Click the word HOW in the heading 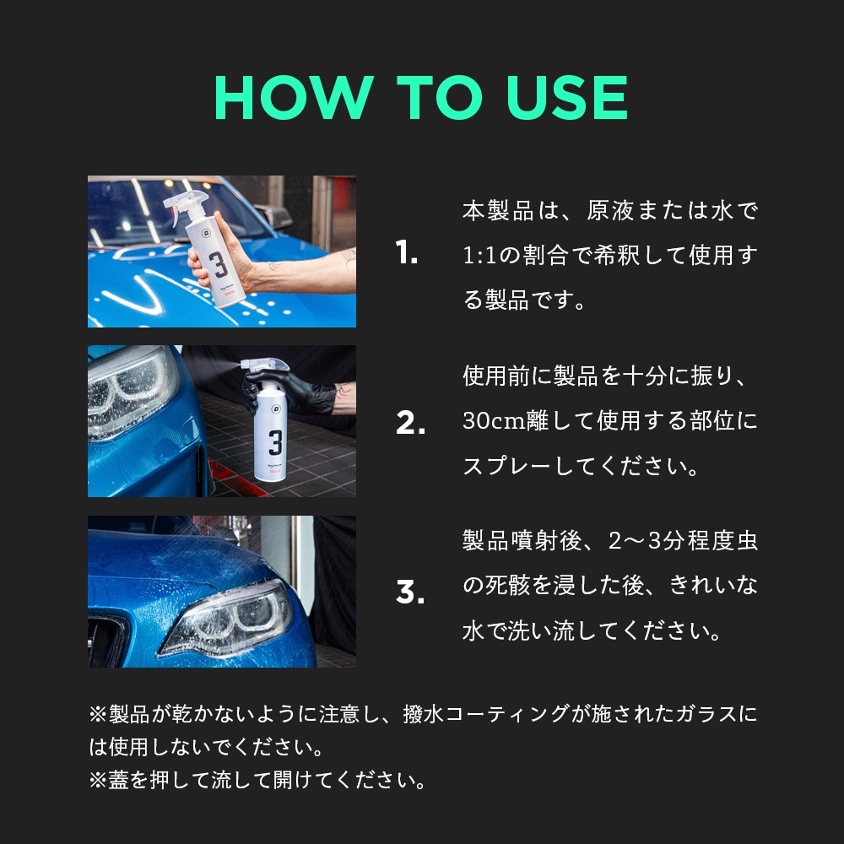point(294,97)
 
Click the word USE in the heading point(567,97)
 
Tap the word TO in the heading point(439,97)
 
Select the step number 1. point(407,252)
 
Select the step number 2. point(410,423)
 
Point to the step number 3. point(410,592)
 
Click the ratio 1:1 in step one point(479,256)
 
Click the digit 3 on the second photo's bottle point(275,442)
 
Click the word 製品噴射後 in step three point(521,540)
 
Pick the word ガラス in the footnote point(706,714)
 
